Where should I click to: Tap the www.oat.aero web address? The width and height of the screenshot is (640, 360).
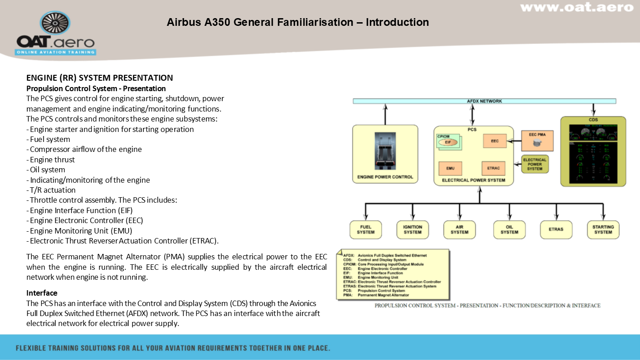tap(576, 7)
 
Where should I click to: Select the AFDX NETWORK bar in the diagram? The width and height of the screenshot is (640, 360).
tap(484, 101)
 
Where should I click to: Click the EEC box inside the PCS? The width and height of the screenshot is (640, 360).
tap(495, 141)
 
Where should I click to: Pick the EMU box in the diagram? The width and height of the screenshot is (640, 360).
tap(450, 168)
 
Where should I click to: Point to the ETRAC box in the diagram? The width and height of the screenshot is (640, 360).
tap(493, 168)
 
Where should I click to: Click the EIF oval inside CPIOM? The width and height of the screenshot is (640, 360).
tap(448, 142)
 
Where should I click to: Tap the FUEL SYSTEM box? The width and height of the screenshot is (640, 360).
tap(365, 229)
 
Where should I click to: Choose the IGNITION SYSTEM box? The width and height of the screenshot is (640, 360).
tap(412, 229)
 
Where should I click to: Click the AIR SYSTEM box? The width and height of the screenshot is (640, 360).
tap(459, 229)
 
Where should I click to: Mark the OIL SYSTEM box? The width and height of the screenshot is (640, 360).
tap(509, 229)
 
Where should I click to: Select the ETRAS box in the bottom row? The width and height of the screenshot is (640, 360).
tap(556, 229)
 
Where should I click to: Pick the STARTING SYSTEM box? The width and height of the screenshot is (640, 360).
tap(603, 229)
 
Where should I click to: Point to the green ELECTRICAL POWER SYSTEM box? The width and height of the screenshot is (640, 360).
tap(535, 164)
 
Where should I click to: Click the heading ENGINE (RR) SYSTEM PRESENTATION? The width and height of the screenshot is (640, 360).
tap(100, 78)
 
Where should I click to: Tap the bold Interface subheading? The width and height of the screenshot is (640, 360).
tap(42, 293)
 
